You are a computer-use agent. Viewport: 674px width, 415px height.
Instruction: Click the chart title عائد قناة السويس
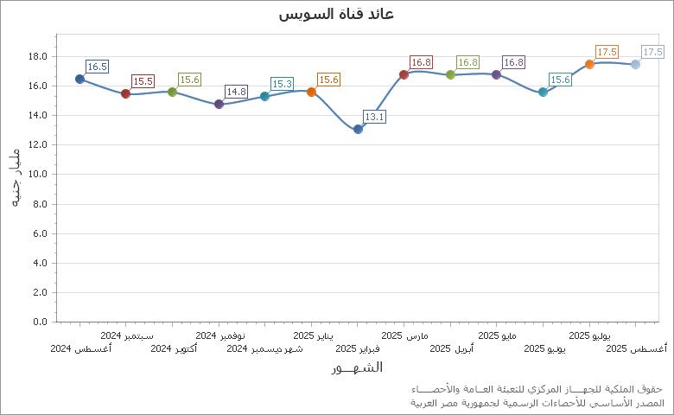[337, 14]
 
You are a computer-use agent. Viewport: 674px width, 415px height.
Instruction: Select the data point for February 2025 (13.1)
[358, 129]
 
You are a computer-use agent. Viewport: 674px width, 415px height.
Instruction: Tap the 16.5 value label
[97, 67]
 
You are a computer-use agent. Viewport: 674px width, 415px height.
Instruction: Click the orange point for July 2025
[589, 64]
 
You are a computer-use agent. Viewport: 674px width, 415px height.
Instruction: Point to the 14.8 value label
[236, 92]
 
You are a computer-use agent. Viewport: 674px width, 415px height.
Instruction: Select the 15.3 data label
[282, 84]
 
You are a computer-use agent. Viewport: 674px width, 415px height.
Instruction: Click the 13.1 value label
[374, 117]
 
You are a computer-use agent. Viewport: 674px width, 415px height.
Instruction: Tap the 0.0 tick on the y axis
[40, 322]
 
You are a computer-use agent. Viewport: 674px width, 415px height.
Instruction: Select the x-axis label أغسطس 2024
[80, 349]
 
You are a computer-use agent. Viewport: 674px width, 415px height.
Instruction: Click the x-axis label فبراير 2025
[358, 349]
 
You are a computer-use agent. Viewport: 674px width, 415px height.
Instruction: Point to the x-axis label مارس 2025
[404, 335]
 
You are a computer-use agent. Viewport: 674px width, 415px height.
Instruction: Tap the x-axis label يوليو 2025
[589, 335]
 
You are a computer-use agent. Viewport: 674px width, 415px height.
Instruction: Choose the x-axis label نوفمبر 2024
[219, 335]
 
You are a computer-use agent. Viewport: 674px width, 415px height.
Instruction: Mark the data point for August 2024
[79, 79]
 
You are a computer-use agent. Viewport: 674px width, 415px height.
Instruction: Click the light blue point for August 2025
[635, 64]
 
